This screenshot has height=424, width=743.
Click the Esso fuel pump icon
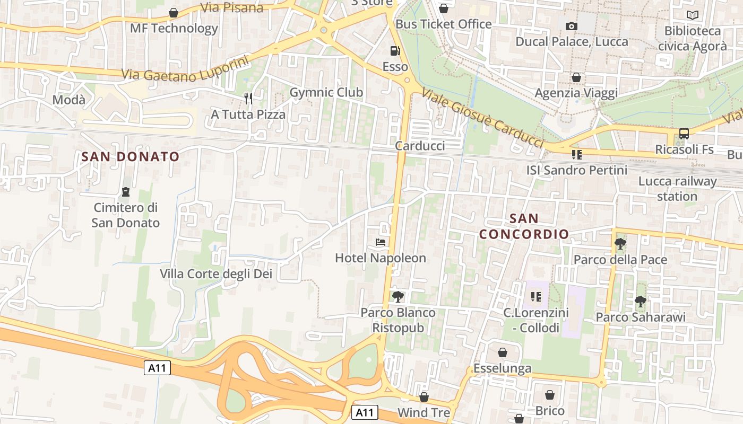click(x=395, y=51)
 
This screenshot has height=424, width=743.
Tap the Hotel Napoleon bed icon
click(x=381, y=242)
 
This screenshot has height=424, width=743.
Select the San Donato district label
click(x=131, y=156)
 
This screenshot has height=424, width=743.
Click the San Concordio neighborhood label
click(x=523, y=226)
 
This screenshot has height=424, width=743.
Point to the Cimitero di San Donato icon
click(x=126, y=191)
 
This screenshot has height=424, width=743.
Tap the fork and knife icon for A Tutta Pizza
click(x=248, y=98)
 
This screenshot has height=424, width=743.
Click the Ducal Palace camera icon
click(x=571, y=26)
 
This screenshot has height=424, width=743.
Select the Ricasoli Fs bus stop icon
click(x=684, y=134)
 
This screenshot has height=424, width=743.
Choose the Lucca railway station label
click(x=677, y=189)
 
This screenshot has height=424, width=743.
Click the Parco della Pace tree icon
click(x=620, y=244)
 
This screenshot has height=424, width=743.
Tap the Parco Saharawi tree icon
click(x=640, y=302)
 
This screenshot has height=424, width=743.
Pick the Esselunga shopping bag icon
click(x=502, y=352)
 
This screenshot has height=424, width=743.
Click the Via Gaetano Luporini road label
click(x=185, y=69)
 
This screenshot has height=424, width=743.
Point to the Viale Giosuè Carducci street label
click(x=482, y=118)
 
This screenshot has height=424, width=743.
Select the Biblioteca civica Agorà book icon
click(x=692, y=15)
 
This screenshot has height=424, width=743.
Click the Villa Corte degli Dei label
click(x=216, y=273)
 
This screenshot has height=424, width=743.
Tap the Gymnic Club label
click(x=326, y=92)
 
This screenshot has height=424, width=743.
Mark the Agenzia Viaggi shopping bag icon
click(x=576, y=78)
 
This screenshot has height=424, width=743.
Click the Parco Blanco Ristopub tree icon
click(x=398, y=297)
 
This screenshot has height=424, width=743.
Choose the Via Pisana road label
click(x=232, y=7)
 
